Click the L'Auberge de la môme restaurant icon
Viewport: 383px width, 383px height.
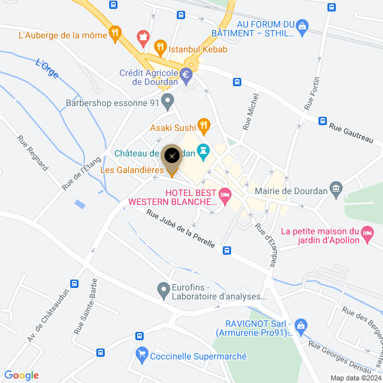pyautogui.click(x=115, y=33)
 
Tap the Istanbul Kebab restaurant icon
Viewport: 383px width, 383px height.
pyautogui.click(x=160, y=47)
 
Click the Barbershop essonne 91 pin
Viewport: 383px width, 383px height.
pyautogui.click(x=167, y=101)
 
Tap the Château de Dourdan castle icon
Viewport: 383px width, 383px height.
pyautogui.click(x=204, y=152)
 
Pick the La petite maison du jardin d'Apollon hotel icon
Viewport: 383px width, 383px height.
pyautogui.click(x=367, y=234)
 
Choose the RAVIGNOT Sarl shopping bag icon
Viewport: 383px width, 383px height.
pyautogui.click(x=302, y=326)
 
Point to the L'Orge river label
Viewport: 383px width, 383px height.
pyautogui.click(x=47, y=69)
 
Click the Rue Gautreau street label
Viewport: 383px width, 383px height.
pyautogui.click(x=350, y=132)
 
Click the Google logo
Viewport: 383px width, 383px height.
pyautogui.click(x=21, y=375)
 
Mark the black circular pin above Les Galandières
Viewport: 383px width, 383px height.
pyautogui.click(x=171, y=156)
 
